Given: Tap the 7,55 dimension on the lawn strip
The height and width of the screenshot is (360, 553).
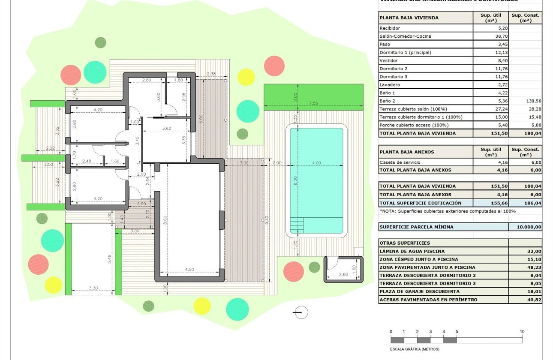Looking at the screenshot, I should tap(314, 103).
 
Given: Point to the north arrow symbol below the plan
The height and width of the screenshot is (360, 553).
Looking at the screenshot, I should tap(301, 312).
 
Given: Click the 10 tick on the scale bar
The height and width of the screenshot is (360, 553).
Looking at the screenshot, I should tap(522, 332).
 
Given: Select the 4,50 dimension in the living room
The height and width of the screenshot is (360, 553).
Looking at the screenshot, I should tap(189, 270).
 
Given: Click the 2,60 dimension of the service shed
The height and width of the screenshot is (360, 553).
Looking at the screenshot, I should tap(343, 274).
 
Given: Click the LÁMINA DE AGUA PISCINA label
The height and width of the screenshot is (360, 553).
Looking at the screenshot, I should tap(412, 251).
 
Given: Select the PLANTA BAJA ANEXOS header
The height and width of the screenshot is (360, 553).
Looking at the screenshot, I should tap(406, 152).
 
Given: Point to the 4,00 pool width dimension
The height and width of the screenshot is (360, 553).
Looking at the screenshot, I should tap(316, 163).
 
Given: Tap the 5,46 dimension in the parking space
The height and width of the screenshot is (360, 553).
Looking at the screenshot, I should tap(109, 258).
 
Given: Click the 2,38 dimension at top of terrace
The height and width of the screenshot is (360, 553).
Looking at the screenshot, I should tap(211, 74).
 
